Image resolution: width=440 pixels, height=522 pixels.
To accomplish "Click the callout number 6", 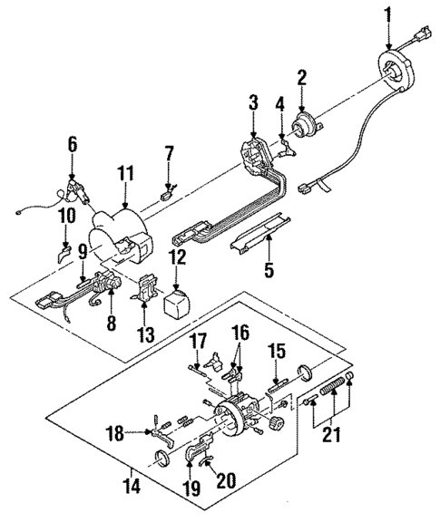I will (72, 143).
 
